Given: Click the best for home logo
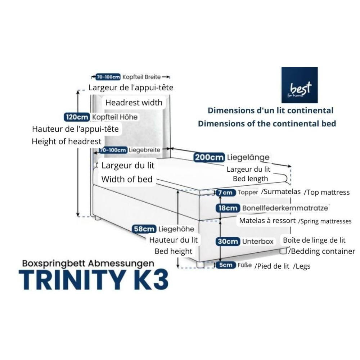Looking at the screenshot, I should click(300, 85).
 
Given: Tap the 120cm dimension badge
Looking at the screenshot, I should click(77, 117).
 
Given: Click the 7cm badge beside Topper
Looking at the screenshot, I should click(226, 193).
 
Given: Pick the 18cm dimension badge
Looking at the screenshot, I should click(228, 208).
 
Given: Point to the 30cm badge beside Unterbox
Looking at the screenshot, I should click(228, 242).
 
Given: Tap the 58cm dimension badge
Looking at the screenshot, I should click(144, 229).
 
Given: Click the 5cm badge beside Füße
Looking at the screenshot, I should click(226, 265).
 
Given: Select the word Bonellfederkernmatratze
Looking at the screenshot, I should click(285, 208).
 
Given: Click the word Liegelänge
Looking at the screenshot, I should click(248, 157).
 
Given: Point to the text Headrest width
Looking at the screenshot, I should click(134, 103).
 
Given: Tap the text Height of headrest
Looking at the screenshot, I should click(67, 141).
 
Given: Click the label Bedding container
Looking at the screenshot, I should click(323, 251).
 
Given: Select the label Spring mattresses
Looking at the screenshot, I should click(325, 221).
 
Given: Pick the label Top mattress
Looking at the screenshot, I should click(327, 192).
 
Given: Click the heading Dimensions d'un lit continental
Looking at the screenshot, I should click(270, 111).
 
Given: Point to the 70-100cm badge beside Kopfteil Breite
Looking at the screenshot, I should click(108, 77).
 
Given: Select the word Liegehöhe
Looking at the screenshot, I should click(176, 229).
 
